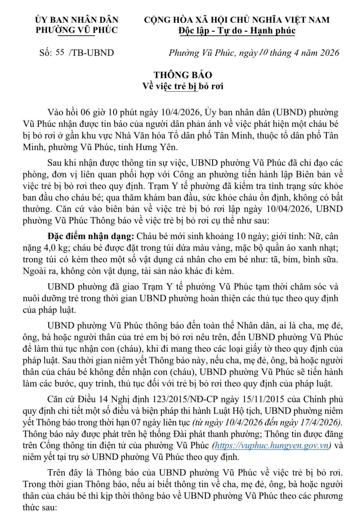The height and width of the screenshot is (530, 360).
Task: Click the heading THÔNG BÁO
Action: pos(183,75)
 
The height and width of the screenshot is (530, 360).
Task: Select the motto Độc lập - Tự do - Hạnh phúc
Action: pos(237,30)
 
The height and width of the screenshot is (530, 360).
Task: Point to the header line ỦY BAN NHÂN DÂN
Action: pos(77,20)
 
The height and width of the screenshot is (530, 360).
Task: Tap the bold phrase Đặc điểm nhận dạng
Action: pos(91,236)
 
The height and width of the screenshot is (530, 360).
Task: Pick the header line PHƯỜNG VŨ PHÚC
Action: pos(77,30)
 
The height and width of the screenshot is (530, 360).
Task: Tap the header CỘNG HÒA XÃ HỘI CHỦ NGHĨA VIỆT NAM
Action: pos(237,20)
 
